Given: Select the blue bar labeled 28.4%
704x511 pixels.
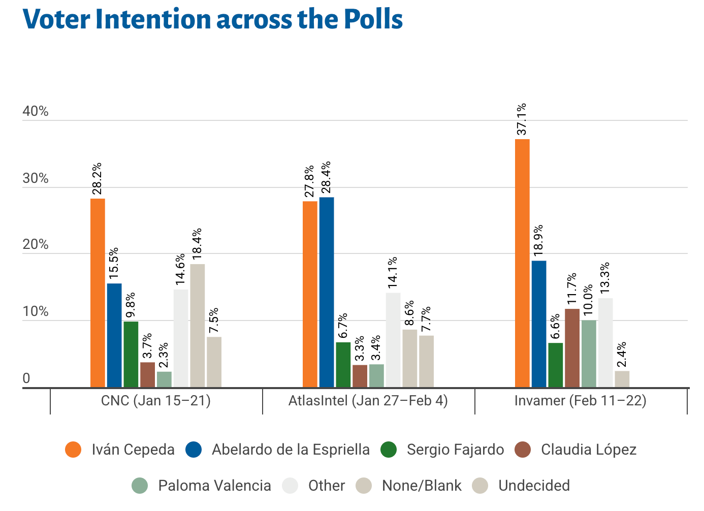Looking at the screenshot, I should (x=327, y=292).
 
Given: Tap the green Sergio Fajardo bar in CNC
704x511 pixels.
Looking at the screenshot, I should (x=131, y=354).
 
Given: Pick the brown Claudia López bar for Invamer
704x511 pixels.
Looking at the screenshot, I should (x=572, y=348).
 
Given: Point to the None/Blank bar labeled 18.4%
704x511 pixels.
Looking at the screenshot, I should (x=198, y=326).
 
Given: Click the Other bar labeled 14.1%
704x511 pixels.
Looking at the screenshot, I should (x=393, y=340).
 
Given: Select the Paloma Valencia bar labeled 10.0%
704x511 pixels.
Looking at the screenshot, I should (x=589, y=354).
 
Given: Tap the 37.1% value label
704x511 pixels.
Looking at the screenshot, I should (x=522, y=120).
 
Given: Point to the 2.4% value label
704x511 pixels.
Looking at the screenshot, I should (x=621, y=354).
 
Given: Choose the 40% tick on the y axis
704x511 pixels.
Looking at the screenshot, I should (x=36, y=112).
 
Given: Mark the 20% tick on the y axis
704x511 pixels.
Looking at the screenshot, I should (x=36, y=245).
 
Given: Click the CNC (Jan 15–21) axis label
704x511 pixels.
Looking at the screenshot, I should (x=156, y=401).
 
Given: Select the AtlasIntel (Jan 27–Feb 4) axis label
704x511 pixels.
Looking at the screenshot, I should (x=368, y=401).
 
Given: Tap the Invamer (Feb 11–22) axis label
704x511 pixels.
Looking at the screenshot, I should (x=581, y=401).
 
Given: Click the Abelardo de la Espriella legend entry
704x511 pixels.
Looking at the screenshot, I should (x=291, y=450).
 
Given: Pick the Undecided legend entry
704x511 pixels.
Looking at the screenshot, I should (x=534, y=486).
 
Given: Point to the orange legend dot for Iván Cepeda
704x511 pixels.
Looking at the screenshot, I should (x=74, y=450).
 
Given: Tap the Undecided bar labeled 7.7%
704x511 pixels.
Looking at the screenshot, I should (x=427, y=361).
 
